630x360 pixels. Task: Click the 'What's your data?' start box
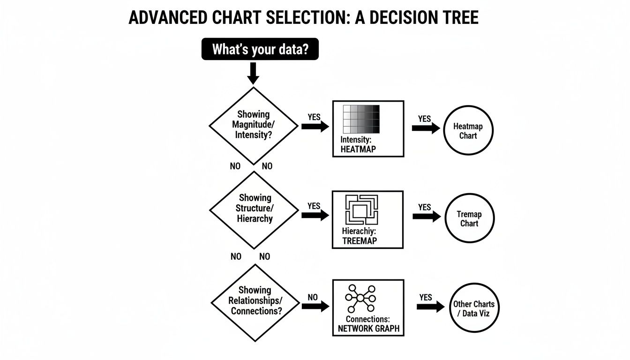[260, 49]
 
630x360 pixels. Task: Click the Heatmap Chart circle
[468, 131]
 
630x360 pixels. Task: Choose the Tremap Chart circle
[469, 218]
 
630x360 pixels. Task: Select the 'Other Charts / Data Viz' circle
[473, 308]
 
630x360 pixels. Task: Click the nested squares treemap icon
[361, 210]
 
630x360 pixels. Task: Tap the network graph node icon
[360, 299]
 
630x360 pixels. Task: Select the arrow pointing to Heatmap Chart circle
[426, 128]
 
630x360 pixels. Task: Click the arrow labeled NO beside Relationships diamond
[315, 306]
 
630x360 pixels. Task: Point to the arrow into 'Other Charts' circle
[430, 307]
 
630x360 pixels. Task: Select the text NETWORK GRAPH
[368, 329]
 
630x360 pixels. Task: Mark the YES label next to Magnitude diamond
[314, 117]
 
